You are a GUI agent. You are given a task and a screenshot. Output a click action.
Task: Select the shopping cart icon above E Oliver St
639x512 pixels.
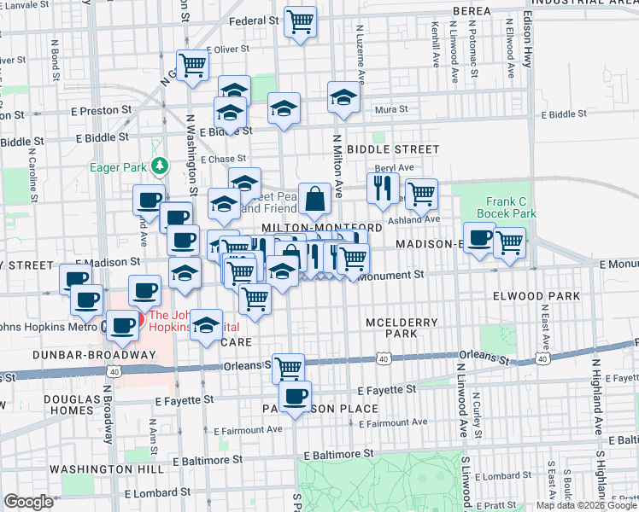coord(192,64)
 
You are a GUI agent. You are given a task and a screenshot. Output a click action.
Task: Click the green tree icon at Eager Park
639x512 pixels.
coord(157,165)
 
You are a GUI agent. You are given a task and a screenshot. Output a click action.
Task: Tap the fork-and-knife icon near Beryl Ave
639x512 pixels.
coord(383,187)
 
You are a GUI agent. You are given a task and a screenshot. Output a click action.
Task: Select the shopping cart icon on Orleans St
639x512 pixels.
coord(288,368)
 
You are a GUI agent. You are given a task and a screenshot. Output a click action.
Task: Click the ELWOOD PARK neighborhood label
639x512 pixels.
coord(536,296)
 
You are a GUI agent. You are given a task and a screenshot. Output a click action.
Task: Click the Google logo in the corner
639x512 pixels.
coord(28,503)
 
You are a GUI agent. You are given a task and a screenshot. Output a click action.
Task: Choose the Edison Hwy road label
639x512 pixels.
coord(527,34)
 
